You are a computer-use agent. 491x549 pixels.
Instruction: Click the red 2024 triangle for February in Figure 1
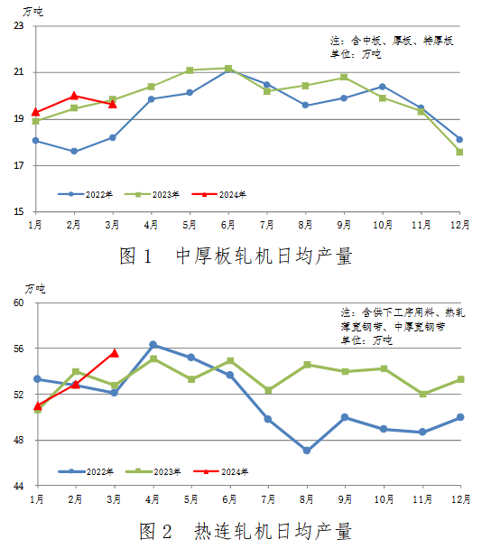pos(74,96)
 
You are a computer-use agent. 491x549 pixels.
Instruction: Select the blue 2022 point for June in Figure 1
pos(228,70)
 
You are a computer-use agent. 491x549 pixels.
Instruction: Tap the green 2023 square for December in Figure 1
pos(459,152)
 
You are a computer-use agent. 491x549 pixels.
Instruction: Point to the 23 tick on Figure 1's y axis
pos(19,25)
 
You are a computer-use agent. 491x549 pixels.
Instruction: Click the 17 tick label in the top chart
pos(19,165)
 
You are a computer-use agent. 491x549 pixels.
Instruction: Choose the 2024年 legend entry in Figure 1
pos(219,194)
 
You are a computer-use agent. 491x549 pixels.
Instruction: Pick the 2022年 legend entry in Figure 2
pos(86,471)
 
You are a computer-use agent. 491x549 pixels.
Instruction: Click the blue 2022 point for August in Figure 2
pos(307,451)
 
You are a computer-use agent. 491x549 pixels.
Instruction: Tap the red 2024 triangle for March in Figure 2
pos(115,353)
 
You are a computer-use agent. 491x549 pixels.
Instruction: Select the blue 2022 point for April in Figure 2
pos(153,345)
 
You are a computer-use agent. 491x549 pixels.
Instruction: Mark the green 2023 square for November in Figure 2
pos(422,394)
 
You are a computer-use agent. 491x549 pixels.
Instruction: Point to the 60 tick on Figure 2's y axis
pos(19,302)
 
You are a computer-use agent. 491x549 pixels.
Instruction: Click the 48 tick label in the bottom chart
pos(19,440)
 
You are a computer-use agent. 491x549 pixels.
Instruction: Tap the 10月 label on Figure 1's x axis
pos(383,225)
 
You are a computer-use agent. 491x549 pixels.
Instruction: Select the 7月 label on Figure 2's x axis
pos(268,499)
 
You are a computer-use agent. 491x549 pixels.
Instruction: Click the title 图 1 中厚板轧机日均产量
pos(236,256)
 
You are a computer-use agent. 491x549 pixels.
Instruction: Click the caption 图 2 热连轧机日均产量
pos(245,531)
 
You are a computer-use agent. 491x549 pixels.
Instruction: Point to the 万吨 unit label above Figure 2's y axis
pos(35,289)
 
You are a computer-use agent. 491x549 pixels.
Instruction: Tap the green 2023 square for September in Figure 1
pos(344,77)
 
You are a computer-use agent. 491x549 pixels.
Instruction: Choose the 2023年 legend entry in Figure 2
pos(153,471)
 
